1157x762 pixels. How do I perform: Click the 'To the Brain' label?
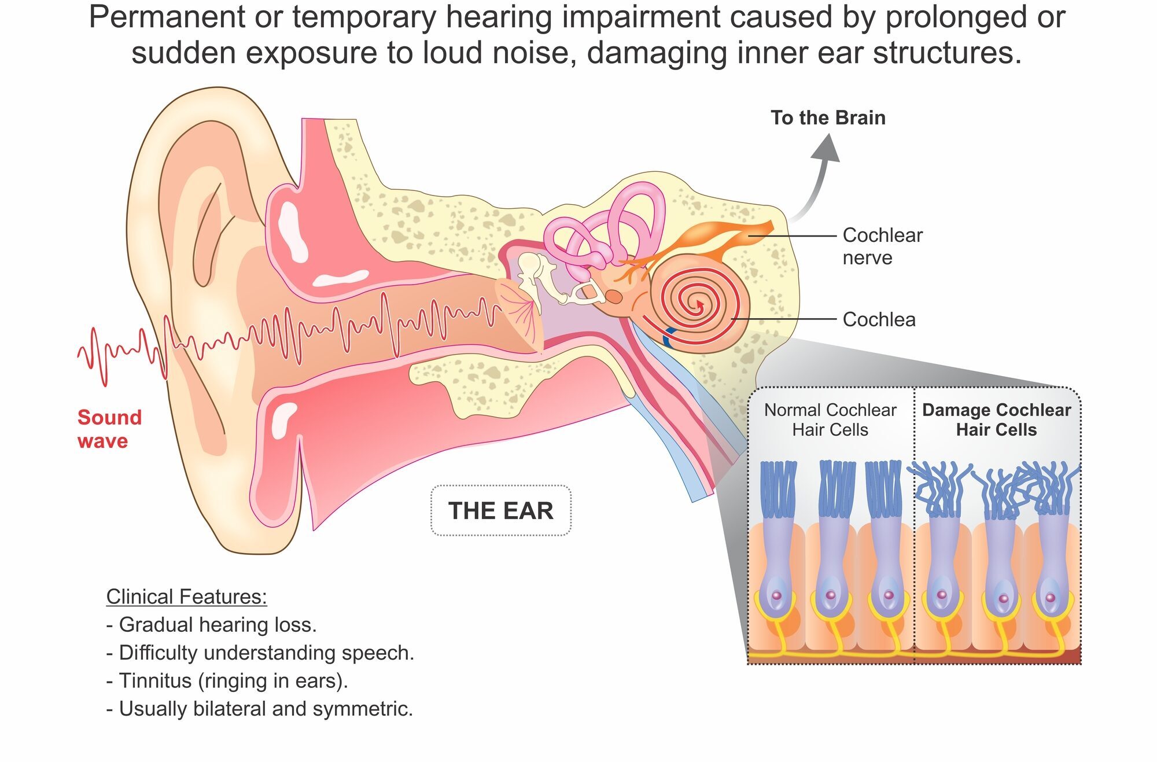coord(828,117)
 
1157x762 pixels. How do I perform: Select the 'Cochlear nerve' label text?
coord(882,246)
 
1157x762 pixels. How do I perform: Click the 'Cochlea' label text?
coord(879,319)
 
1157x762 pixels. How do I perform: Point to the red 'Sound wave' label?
coord(109,429)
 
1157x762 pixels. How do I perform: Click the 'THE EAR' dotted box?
coord(501,510)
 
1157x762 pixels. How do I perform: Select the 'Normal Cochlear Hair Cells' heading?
coord(830,419)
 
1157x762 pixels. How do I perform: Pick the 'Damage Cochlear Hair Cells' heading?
coord(996,419)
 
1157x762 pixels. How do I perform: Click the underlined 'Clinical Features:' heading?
coord(186,597)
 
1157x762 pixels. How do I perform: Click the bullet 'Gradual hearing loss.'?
coord(212,625)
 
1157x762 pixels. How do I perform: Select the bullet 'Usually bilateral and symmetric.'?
coord(260,708)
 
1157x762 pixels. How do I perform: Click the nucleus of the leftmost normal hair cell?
coord(776,595)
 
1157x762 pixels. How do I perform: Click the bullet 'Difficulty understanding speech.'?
coord(260,653)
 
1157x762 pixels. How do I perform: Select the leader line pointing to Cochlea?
coord(784,319)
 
